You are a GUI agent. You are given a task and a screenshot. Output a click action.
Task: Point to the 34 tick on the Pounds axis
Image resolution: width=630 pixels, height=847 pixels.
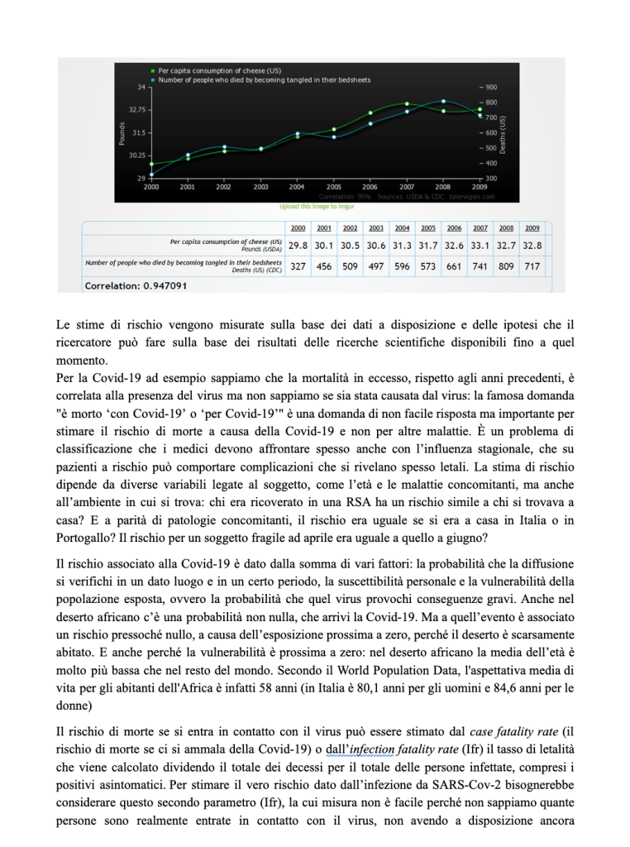(x=141, y=87)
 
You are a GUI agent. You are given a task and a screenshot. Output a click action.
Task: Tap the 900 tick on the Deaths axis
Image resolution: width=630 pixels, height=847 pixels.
(x=491, y=87)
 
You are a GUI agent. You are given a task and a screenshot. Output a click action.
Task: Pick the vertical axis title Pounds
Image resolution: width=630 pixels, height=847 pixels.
(x=122, y=132)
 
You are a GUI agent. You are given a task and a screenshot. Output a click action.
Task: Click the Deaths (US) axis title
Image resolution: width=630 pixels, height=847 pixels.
(x=503, y=132)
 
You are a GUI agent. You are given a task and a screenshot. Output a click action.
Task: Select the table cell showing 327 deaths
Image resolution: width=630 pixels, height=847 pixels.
(x=298, y=266)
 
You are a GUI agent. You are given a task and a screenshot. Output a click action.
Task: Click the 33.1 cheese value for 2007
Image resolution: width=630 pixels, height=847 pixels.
(x=480, y=245)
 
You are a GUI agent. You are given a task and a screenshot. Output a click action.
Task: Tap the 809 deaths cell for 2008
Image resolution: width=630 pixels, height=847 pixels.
(x=506, y=266)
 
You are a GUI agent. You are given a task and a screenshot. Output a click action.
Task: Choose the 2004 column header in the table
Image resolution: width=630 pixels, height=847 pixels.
(x=403, y=228)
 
